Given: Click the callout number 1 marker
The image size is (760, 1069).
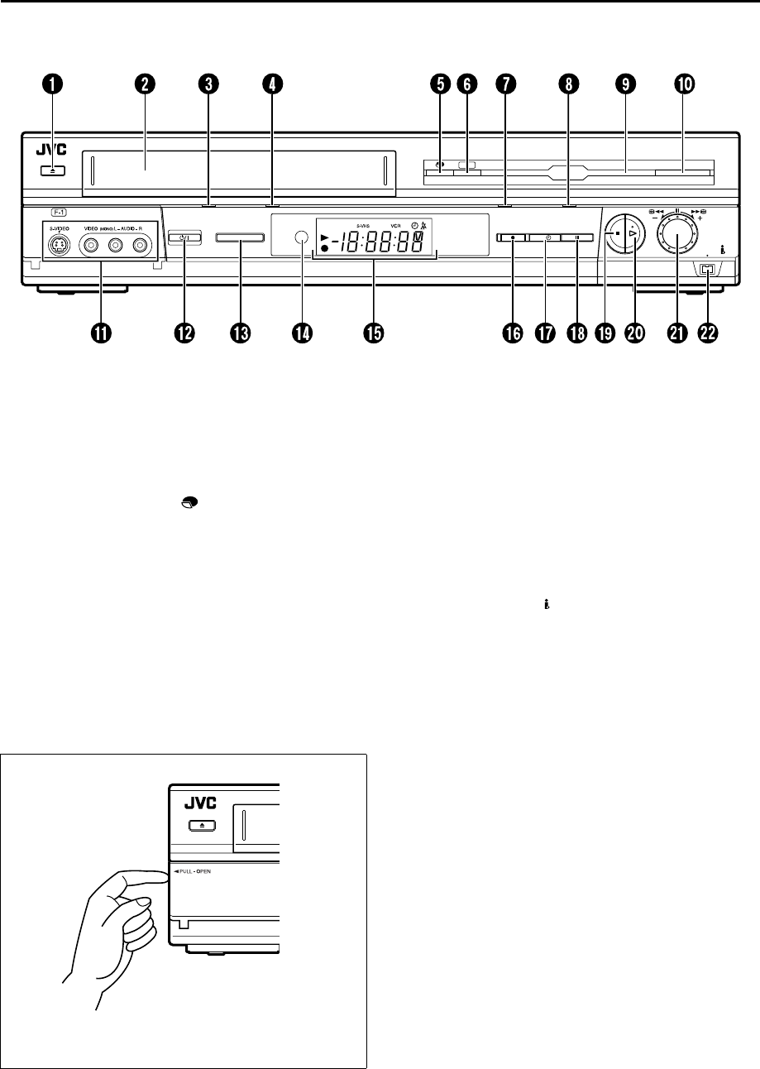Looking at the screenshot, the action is pyautogui.click(x=54, y=84).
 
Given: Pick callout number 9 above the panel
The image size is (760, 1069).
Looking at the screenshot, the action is pyautogui.click(x=626, y=84).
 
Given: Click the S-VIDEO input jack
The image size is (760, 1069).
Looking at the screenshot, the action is pyautogui.click(x=60, y=245).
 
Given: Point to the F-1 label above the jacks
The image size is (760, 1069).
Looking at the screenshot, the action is pyautogui.click(x=60, y=212).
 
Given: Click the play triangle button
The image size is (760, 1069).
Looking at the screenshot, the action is pyautogui.click(x=634, y=235).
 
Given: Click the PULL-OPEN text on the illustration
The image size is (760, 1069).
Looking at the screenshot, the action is pyautogui.click(x=194, y=872).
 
